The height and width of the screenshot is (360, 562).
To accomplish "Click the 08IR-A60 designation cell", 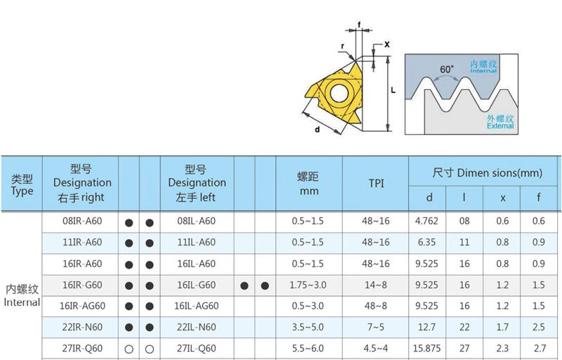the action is (82, 221).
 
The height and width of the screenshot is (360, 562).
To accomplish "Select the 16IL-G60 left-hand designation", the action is (197, 285).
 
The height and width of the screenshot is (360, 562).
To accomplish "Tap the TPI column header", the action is (376, 184).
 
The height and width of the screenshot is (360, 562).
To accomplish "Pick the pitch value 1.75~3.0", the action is (308, 285).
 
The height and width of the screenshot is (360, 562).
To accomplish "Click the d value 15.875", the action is (426, 349).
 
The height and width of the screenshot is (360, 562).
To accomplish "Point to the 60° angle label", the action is (447, 69).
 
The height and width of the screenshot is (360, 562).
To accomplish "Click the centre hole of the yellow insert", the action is (339, 93).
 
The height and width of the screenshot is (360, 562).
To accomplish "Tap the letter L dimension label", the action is (393, 90).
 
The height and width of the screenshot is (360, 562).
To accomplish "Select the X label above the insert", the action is (387, 44).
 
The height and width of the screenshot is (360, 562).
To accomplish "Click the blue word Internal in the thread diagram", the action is (483, 70).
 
